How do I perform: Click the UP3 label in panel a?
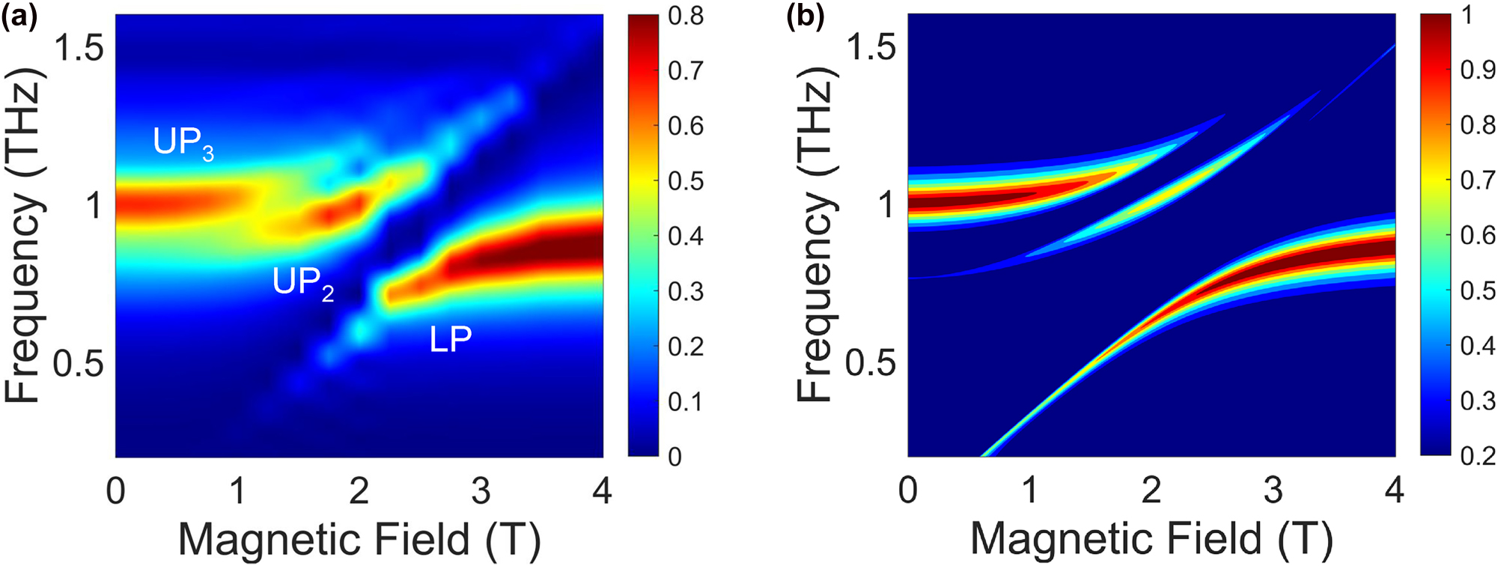[x=183, y=143]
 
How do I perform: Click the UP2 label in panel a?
[x=303, y=283]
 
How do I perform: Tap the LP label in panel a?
[x=451, y=339]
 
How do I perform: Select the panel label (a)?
[x=19, y=16]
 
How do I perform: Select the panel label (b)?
[x=805, y=16]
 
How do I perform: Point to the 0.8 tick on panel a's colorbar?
[x=686, y=16]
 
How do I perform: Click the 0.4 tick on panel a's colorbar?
[x=686, y=236]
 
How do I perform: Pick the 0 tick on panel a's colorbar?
[x=675, y=456]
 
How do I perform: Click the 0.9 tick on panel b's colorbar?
[x=1478, y=70]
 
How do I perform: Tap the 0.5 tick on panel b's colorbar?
[x=1478, y=290]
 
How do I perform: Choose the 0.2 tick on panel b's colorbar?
[x=1478, y=455]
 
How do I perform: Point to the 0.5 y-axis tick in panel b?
[x=870, y=362]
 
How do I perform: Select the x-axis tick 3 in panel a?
[x=481, y=490]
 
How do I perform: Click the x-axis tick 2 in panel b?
[x=1151, y=490]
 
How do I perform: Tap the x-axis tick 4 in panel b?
[x=1394, y=490]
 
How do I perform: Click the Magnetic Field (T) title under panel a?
[x=359, y=539]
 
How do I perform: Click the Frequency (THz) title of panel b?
[x=815, y=234]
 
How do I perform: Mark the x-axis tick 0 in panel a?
[x=115, y=490]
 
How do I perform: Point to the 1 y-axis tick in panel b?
[x=887, y=204]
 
